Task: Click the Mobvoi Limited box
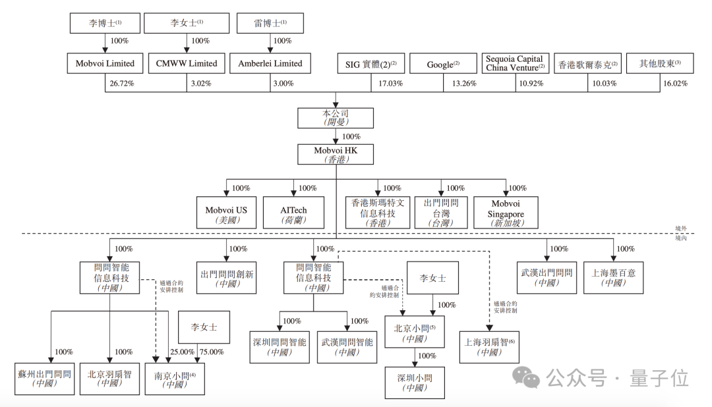pos(105,63)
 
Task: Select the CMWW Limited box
pos(187,63)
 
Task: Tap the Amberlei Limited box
pos(270,63)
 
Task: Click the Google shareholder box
pos(443,64)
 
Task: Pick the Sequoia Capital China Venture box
pos(515,63)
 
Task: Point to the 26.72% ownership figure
pos(121,84)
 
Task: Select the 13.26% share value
pos(464,84)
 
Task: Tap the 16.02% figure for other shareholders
pos(676,84)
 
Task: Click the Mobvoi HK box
pos(336,154)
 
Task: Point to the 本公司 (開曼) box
pos(336,117)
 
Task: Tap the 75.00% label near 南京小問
pos(211,352)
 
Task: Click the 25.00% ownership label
pos(183,352)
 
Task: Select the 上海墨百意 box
pos(614,277)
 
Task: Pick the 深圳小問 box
pos(415,381)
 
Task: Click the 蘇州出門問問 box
pos(45,378)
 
